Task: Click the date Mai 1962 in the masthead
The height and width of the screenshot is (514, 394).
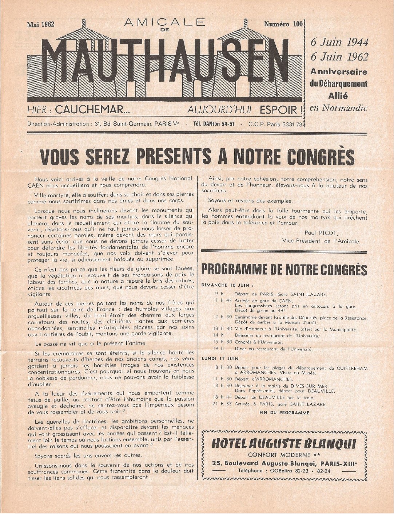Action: point(41,25)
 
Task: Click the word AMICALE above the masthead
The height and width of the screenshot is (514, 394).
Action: point(164,23)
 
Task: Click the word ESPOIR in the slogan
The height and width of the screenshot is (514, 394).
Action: point(282,109)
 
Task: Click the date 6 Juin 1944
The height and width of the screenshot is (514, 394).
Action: point(339,42)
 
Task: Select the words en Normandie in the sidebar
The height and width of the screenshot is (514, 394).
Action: point(338,108)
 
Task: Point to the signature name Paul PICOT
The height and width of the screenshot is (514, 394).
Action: point(320,233)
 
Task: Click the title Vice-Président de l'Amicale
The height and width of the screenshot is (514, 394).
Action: point(321,241)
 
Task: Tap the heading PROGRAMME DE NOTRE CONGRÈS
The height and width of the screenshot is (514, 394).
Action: point(284,270)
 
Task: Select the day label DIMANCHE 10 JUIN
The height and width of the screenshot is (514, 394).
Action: point(227,285)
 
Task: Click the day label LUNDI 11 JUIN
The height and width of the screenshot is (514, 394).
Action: point(220,358)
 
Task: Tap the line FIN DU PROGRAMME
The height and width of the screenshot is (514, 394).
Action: point(284,413)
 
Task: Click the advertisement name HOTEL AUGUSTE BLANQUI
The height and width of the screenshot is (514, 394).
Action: point(284,443)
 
